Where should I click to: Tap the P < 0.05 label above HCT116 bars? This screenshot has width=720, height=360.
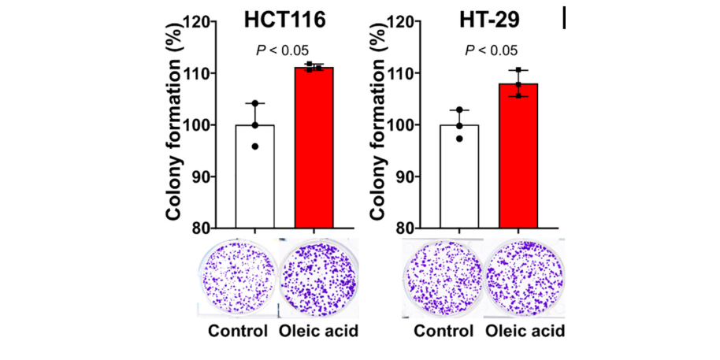point(284,50)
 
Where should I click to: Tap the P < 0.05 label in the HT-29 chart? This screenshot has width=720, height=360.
point(491,50)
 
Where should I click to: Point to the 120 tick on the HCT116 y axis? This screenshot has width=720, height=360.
point(218,22)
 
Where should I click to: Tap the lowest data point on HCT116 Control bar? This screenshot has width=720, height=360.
point(255,147)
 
